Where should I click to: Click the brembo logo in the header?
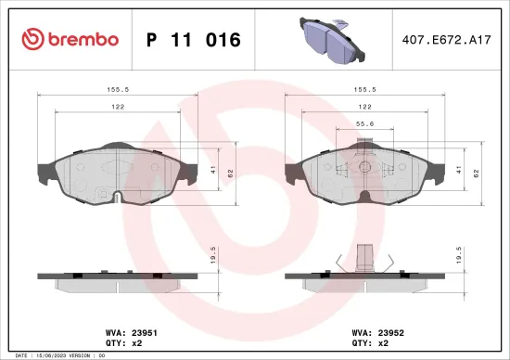pos(70,39)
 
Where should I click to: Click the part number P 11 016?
pos(194,40)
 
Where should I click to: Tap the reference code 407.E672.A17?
pos(442,40)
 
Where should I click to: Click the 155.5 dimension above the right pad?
pos(363,91)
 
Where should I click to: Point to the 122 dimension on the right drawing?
pos(363,107)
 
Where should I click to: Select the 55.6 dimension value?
pos(364,123)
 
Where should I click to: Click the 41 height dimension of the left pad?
pos(214,170)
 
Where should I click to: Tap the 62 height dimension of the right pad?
pos(477,173)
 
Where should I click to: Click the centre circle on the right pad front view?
pos(364,169)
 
